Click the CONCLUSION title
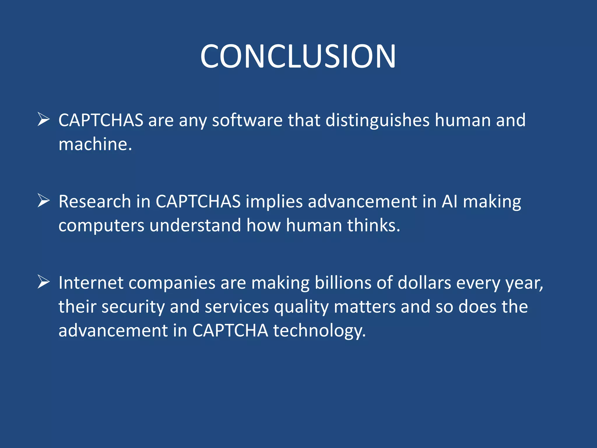[298, 56]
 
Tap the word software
[247, 120]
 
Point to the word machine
[95, 144]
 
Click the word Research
[95, 202]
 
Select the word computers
[101, 226]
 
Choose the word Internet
[91, 283]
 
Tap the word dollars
[424, 283]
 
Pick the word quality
[301, 307]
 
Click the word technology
[319, 331]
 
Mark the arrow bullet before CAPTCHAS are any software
[44, 120]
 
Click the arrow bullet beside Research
[44, 201]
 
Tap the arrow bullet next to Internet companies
[44, 282]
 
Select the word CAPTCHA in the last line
[230, 331]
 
